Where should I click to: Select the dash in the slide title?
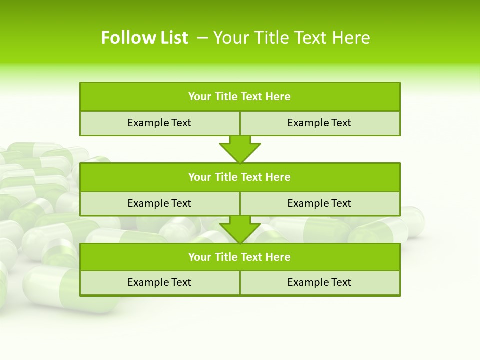(x=203, y=38)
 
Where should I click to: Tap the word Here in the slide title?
(x=351, y=38)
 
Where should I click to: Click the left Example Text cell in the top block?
(x=159, y=123)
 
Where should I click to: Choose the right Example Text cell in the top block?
(x=319, y=123)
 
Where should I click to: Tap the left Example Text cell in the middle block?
(x=159, y=203)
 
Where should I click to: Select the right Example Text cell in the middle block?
(x=319, y=203)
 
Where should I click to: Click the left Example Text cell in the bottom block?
(x=159, y=282)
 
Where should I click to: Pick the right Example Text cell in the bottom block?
(x=319, y=282)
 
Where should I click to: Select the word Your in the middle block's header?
(x=199, y=177)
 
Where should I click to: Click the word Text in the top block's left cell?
(x=181, y=123)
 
